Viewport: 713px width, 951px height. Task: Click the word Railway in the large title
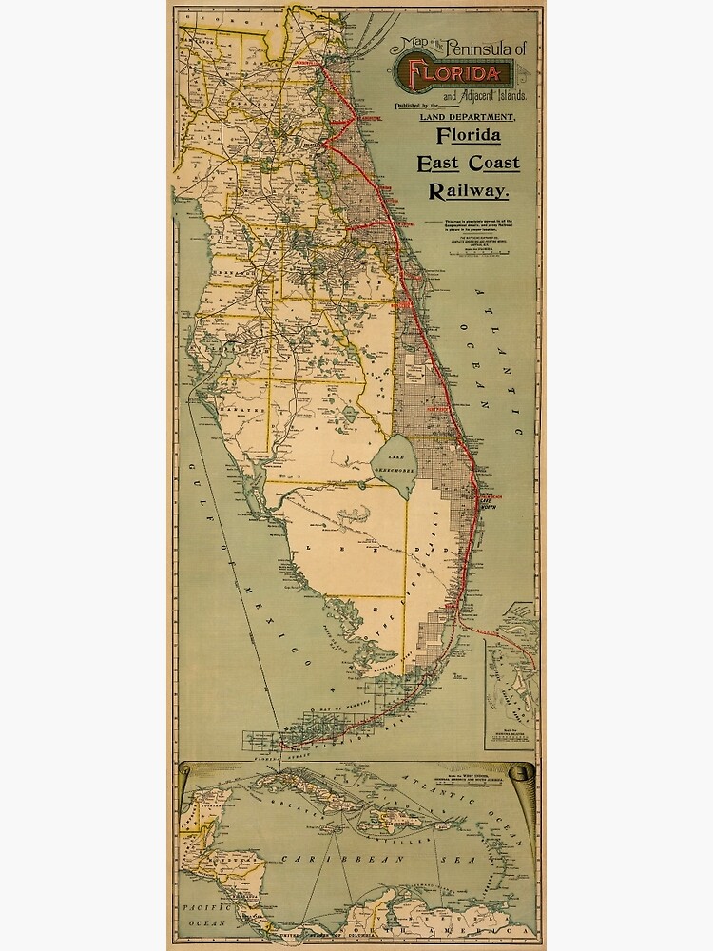[469, 191]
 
